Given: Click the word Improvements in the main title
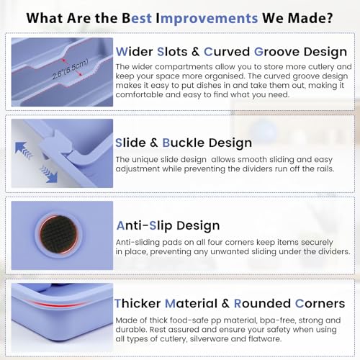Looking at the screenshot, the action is click(207, 18).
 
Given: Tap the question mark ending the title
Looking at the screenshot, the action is click(329, 17).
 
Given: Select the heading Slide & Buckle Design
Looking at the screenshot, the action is click(184, 143).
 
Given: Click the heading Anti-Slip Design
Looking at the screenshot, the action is click(168, 226).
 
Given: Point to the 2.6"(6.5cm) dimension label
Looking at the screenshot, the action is click(70, 69).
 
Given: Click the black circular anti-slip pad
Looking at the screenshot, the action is click(58, 235).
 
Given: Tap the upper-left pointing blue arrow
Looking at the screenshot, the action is click(23, 150).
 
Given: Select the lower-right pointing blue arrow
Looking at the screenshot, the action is click(50, 174).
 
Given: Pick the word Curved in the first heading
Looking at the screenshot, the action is click(227, 52).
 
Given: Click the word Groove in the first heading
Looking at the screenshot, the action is click(276, 52).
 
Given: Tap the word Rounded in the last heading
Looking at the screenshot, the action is click(262, 304).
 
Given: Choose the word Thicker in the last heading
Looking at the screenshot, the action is click(138, 304).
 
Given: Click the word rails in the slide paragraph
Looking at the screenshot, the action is click(325, 169).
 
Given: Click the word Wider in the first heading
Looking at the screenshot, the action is click(135, 52).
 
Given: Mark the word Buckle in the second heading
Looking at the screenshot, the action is click(184, 143).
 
